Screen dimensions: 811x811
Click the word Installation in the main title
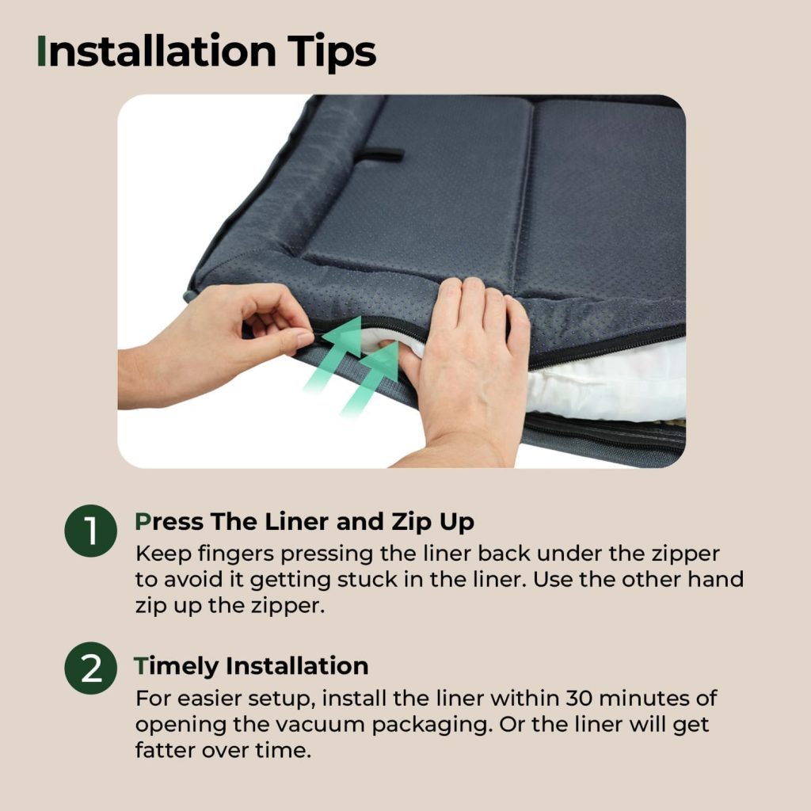click(x=156, y=51)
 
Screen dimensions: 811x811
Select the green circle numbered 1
click(x=90, y=531)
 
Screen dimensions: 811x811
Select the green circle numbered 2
click(x=90, y=668)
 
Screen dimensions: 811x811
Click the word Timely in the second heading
click(x=176, y=666)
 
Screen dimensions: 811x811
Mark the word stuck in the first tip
click(x=367, y=580)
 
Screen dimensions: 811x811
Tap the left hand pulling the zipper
click(x=217, y=341)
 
